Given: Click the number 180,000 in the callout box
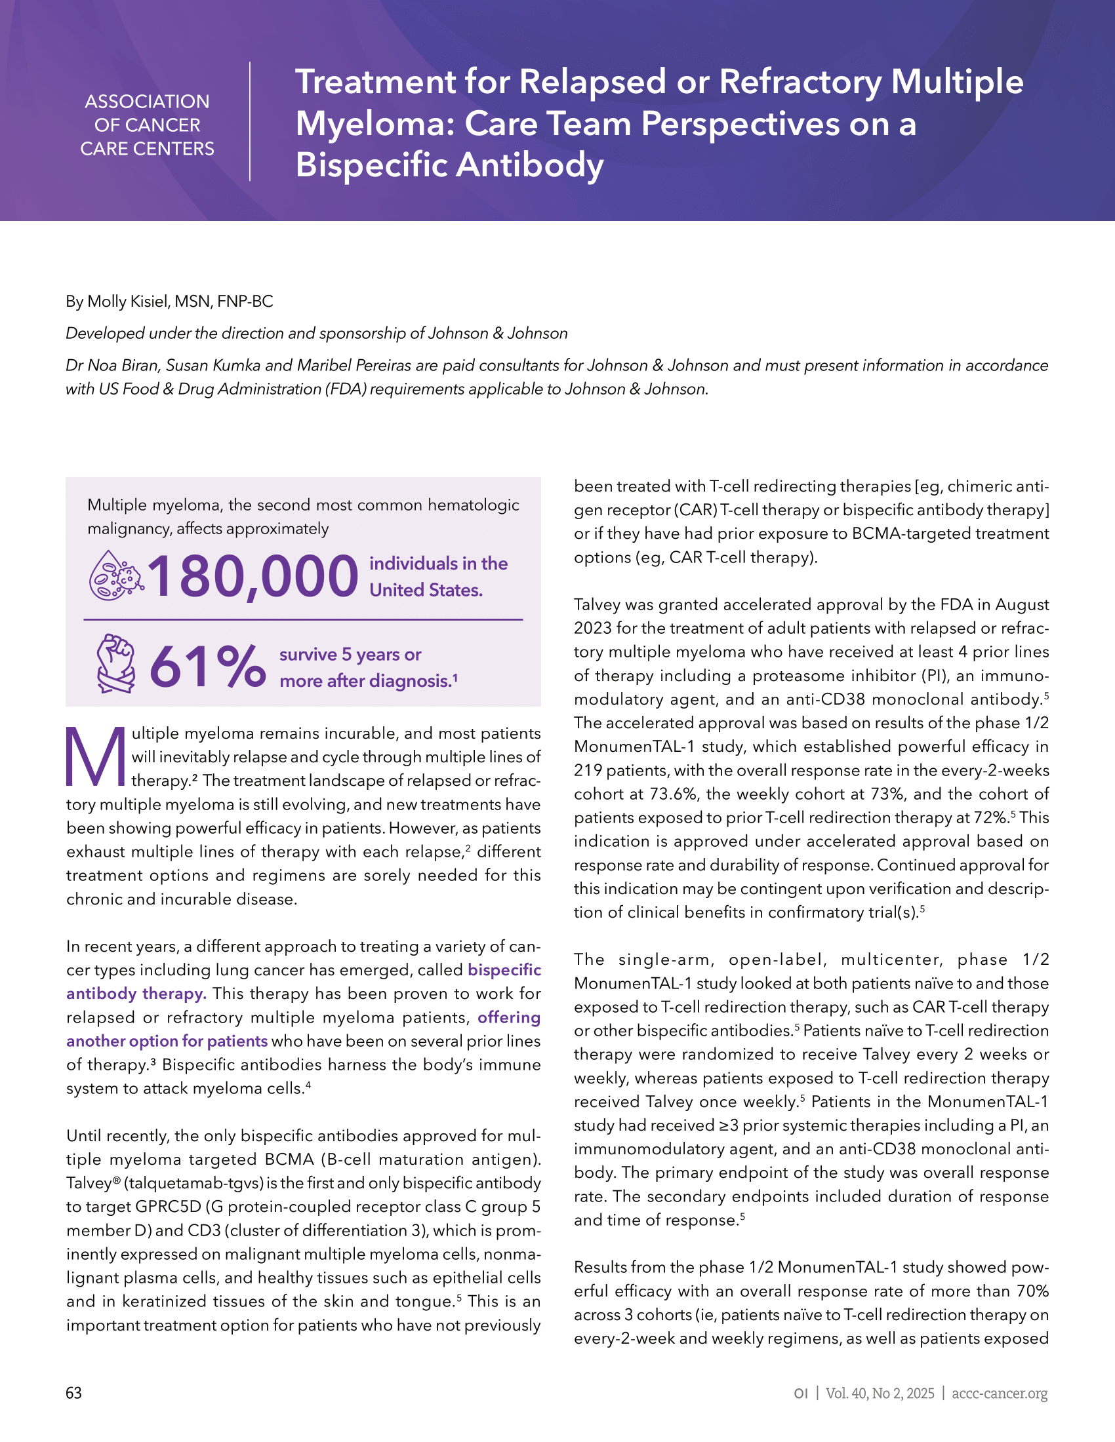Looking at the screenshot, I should (x=253, y=576).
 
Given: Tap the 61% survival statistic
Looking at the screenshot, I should (x=207, y=666).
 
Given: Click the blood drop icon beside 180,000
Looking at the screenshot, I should (x=115, y=575).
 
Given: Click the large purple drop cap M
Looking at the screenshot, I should (x=96, y=756).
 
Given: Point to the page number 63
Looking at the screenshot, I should (x=74, y=1393).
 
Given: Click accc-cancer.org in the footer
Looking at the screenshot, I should (x=1000, y=1393).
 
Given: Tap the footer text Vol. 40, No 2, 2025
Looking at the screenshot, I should (x=880, y=1393).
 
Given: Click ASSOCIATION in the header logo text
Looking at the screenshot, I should (x=148, y=102).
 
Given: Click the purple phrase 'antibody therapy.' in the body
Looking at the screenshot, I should (x=136, y=994).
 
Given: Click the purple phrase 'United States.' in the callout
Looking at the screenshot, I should (x=426, y=591).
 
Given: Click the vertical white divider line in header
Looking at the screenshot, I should (x=250, y=121).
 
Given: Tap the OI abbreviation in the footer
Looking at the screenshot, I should (x=801, y=1393).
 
